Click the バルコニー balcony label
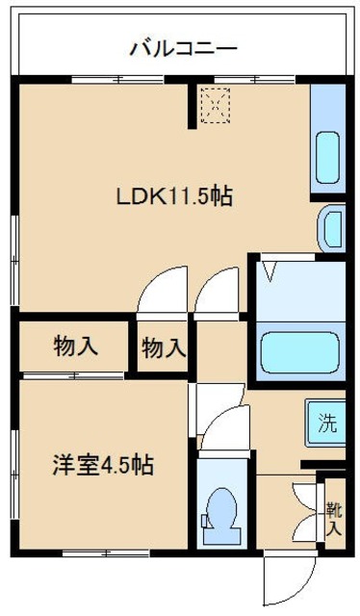pos(183,47)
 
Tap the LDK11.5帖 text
pos(174,196)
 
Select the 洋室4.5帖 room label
pos(101,465)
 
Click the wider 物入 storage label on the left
pos(74,345)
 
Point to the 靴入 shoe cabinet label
pos(332,518)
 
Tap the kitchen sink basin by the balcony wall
pos(329,154)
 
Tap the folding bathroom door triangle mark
pos(271,269)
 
